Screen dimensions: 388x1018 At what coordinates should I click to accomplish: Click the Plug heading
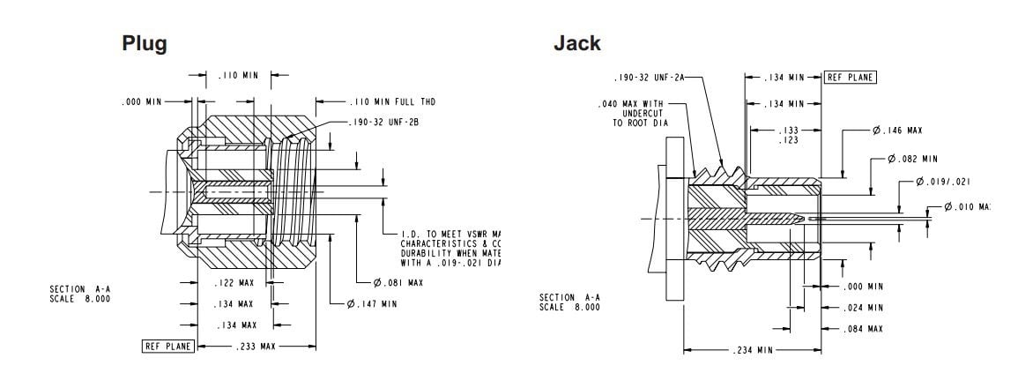coord(145,43)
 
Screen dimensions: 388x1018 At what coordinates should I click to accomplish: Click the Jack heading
coord(576,43)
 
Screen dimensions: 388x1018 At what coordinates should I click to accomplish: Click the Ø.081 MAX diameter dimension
coord(399,282)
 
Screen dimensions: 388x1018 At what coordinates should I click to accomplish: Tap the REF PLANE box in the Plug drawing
coord(168,346)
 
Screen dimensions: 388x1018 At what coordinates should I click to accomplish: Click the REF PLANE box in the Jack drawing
coord(851,77)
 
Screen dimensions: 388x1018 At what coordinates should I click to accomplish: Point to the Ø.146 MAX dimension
coord(897,131)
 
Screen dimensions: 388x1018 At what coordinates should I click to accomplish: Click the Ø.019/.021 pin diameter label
coord(943,182)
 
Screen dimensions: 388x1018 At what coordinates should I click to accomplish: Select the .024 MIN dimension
coord(862,308)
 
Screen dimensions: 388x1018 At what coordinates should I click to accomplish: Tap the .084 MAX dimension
coord(862,329)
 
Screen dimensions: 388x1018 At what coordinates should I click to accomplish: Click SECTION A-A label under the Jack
coord(569,302)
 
